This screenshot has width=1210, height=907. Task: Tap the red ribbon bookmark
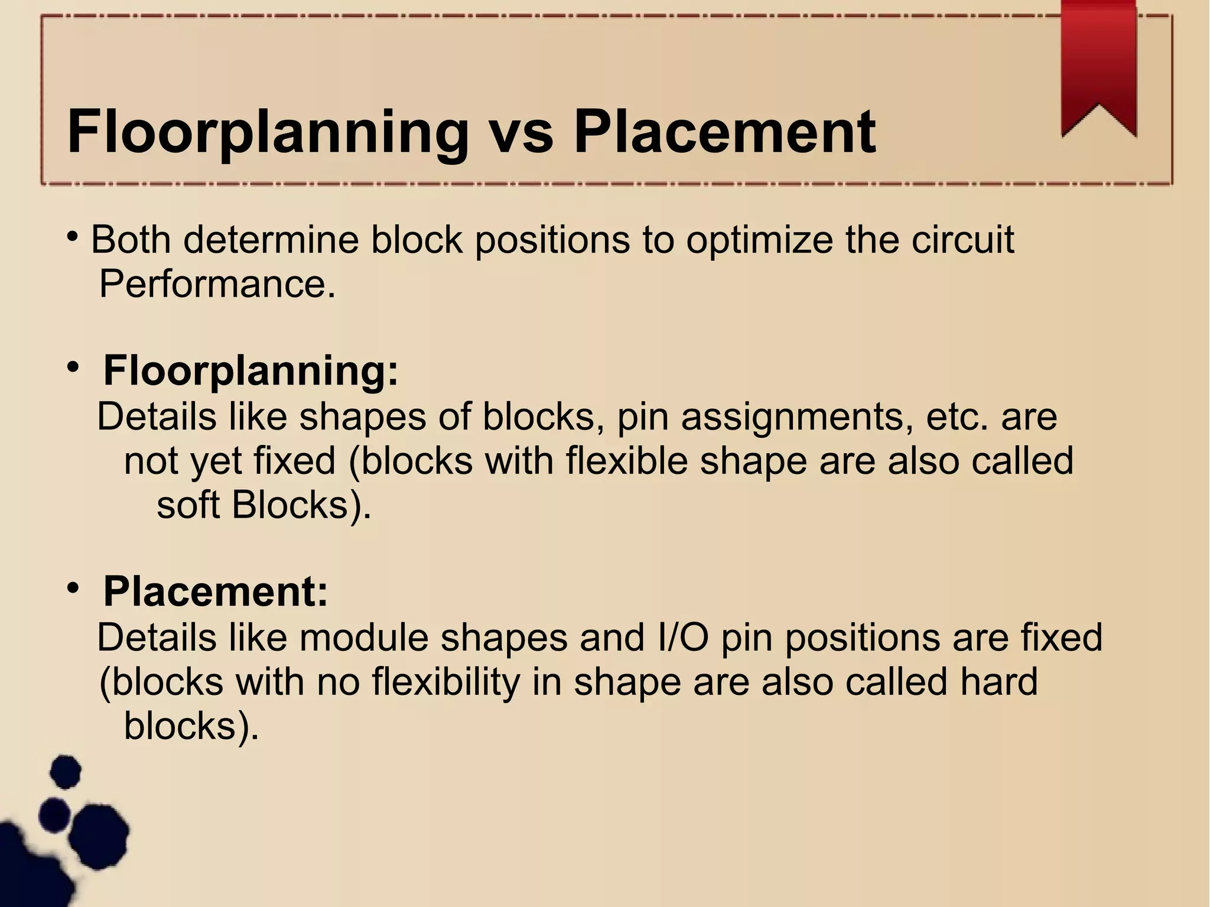1098,65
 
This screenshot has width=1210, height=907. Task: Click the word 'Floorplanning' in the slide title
268,133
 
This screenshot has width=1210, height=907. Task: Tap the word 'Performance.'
217,284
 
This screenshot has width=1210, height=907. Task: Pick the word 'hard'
998,681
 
